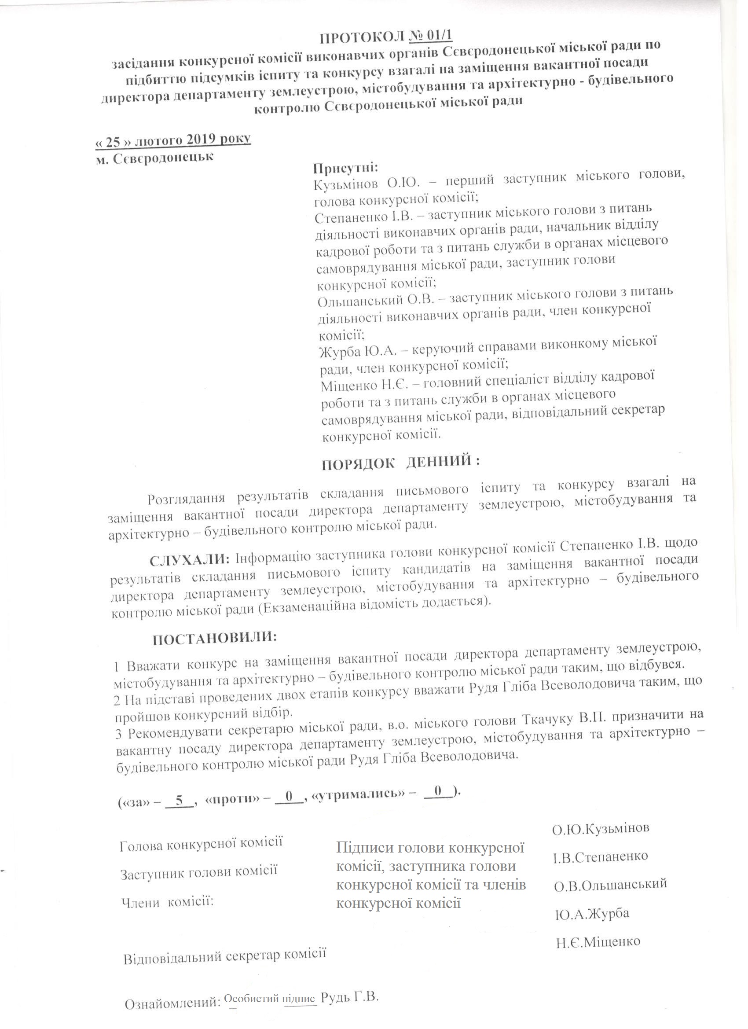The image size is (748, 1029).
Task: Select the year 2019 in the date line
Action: (202, 139)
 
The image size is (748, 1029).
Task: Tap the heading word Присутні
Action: (345, 168)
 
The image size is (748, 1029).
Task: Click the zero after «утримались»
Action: (438, 791)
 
